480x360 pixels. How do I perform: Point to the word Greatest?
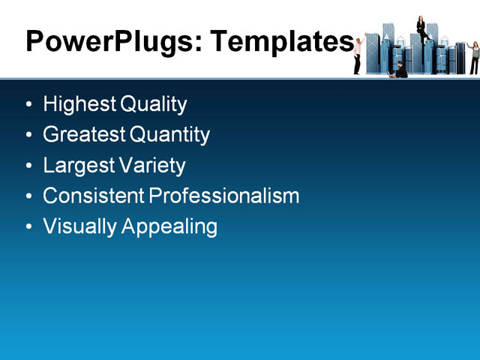84,135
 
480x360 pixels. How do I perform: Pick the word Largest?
74,166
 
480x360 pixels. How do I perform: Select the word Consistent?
93,196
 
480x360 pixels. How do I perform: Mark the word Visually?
77,226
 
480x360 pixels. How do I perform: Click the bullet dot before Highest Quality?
28,105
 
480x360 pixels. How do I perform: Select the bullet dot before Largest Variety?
28,166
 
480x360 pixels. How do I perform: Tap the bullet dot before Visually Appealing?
28,226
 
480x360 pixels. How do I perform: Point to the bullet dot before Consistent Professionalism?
28,196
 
